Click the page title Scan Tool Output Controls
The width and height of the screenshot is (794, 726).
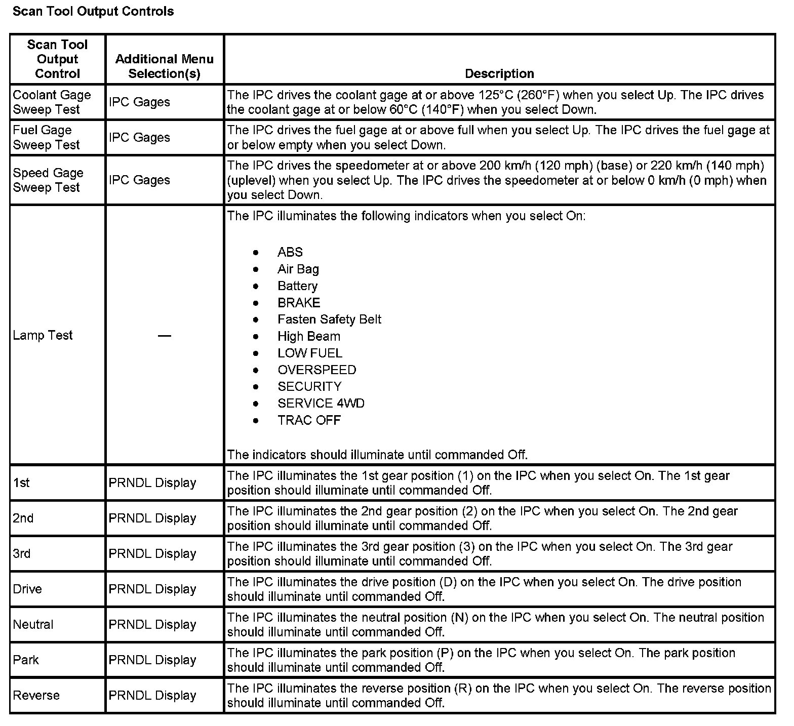click(x=93, y=11)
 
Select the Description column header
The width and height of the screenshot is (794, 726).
click(x=499, y=73)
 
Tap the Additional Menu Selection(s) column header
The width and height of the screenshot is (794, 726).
click(x=164, y=66)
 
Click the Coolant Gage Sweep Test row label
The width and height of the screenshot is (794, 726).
click(x=52, y=102)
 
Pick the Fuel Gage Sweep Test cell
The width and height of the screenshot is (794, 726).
click(x=46, y=137)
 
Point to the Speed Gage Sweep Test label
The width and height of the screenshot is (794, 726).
click(x=48, y=180)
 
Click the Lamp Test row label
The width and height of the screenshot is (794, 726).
click(x=43, y=335)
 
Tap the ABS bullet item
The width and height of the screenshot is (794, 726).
click(x=290, y=252)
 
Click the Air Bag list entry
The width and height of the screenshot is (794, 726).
click(x=298, y=269)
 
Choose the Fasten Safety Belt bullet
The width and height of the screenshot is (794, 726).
click(x=329, y=319)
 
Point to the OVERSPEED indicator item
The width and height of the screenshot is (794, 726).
click(x=316, y=370)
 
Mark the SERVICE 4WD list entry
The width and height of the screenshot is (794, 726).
click(x=321, y=403)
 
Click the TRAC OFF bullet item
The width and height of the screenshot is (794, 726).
click(x=309, y=420)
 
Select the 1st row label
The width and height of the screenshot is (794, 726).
click(x=21, y=482)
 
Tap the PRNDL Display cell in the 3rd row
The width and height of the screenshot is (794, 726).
click(x=152, y=553)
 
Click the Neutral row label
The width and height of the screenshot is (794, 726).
click(x=33, y=624)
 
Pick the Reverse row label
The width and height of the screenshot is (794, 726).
click(x=36, y=695)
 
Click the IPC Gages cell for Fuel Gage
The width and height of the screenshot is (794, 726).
click(x=139, y=137)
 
